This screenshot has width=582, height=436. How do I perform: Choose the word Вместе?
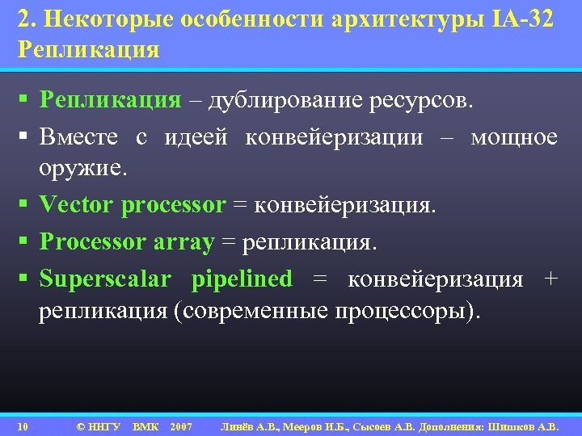(x=78, y=136)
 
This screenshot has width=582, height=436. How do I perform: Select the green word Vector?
(x=77, y=206)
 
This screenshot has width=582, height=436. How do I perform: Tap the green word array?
(x=184, y=241)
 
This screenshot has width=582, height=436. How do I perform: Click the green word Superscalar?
(x=105, y=279)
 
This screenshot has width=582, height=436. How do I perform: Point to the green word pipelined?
(x=242, y=279)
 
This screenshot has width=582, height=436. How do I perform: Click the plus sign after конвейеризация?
(x=551, y=279)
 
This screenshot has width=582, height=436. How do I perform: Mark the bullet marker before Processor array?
(x=23, y=242)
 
